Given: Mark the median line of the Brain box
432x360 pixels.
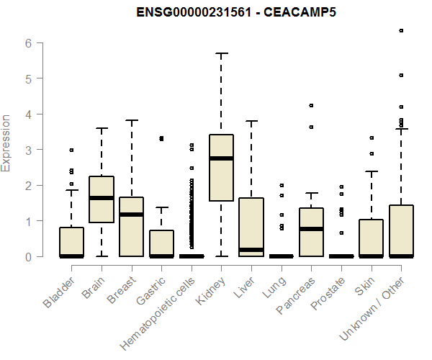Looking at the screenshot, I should click(x=102, y=198).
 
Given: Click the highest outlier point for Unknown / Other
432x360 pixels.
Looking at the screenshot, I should click(x=401, y=30).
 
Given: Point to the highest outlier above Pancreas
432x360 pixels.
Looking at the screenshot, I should click(x=311, y=106).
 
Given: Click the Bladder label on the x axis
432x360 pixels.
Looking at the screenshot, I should click(x=60, y=291).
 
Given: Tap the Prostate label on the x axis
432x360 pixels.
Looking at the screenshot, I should click(x=328, y=292).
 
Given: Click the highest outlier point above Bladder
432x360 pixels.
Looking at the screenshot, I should click(x=71, y=150).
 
